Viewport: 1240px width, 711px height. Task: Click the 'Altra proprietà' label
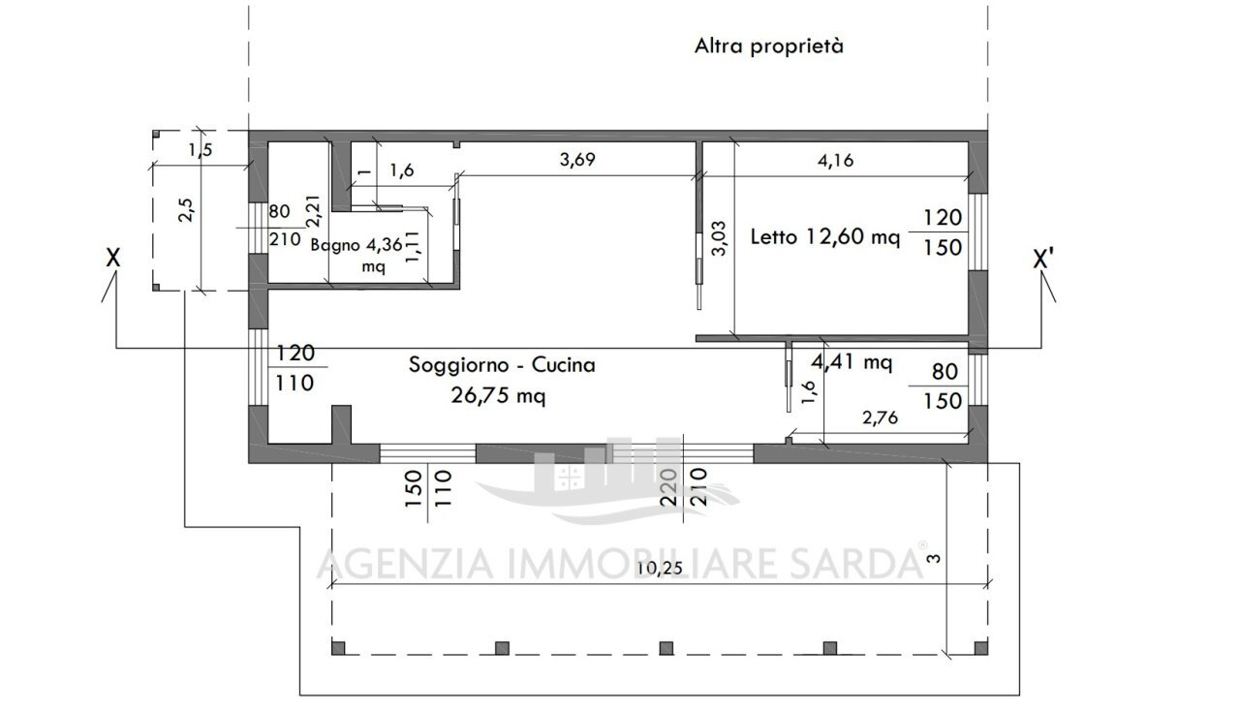[768, 46]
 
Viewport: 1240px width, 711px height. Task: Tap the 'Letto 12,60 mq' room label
[825, 236]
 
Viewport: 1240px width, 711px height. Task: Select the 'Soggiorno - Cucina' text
[502, 365]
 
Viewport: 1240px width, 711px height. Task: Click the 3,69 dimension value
[577, 161]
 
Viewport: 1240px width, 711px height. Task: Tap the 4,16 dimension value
[835, 161]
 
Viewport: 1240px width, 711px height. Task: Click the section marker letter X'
[1043, 260]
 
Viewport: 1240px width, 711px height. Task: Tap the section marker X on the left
[113, 259]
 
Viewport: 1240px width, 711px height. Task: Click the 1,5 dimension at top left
[200, 149]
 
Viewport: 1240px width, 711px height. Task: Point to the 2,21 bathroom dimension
[312, 211]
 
